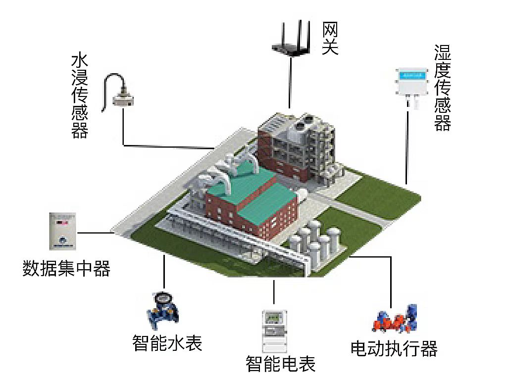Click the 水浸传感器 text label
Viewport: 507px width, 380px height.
(x=80, y=96)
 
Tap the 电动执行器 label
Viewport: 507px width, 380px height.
(x=394, y=349)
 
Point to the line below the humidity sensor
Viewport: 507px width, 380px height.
(x=407, y=148)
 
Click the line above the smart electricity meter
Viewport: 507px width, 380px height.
(x=273, y=292)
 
